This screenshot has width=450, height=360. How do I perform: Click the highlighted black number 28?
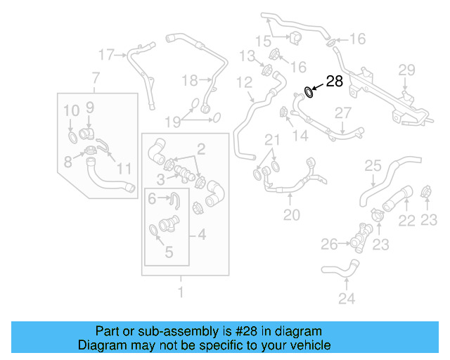pos(335,82)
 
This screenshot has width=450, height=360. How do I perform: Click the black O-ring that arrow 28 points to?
pos(309,91)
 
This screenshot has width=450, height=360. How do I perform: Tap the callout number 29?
pos(407,69)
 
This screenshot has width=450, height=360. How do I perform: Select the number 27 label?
pos(342,112)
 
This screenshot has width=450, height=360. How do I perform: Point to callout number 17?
pos(106,53)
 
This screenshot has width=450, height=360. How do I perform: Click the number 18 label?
pos(190,81)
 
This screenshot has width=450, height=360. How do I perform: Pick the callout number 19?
pos(173,122)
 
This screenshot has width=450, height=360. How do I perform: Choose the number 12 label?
pos(243,84)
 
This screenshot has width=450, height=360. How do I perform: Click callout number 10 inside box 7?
pos(72,110)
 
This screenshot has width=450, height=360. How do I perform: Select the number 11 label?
pos(124,168)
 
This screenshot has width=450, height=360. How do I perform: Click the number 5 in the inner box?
pos(169,251)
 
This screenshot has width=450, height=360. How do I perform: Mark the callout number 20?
pos(291,214)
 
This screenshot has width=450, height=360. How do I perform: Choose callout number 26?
pos(330,244)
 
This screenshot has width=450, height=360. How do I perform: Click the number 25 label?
pos(372,167)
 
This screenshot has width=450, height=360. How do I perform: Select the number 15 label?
pos(262,39)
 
